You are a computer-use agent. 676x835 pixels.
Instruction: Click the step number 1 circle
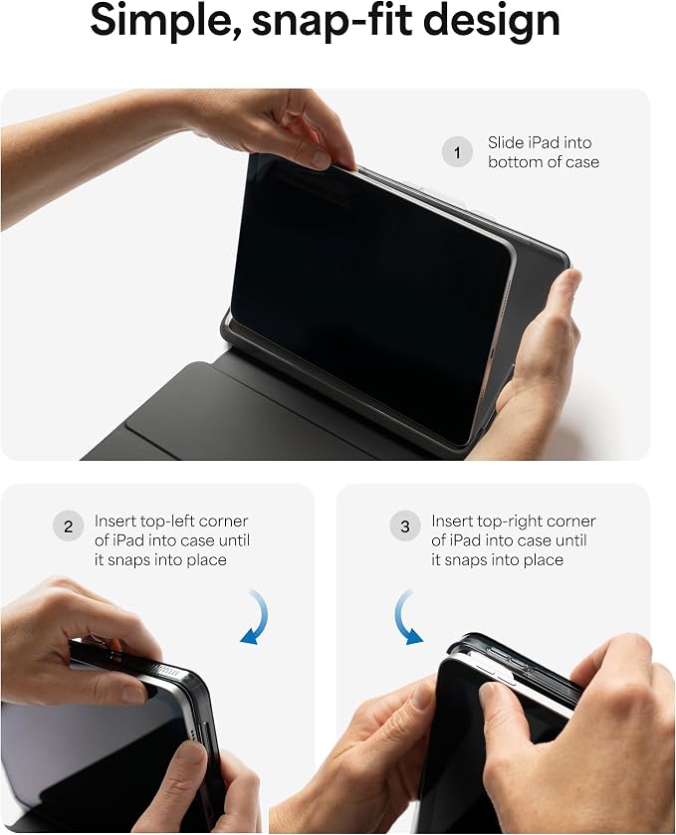457,152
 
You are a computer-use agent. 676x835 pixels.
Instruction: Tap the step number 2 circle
68,526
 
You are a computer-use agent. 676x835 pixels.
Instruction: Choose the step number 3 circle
405,526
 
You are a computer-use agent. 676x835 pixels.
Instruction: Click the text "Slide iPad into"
540,142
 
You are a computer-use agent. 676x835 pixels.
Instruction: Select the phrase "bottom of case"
544,162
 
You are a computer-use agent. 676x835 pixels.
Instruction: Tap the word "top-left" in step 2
170,522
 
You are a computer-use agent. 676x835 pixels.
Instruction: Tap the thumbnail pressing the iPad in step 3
489,693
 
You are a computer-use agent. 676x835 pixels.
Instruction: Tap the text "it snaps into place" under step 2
160,560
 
